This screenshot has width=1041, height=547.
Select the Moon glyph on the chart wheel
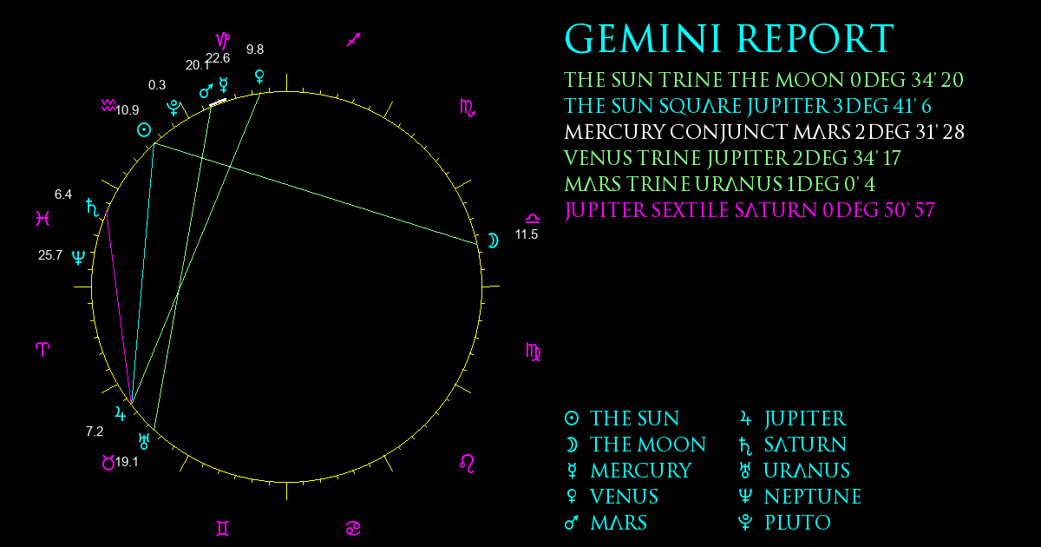point(493,241)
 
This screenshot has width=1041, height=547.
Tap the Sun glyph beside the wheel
point(144,129)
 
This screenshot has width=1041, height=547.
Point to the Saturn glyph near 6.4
point(93,208)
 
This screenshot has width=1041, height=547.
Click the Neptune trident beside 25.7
point(79,257)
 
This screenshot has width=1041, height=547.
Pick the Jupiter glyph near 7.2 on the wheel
point(121,413)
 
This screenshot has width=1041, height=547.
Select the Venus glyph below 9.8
point(259,76)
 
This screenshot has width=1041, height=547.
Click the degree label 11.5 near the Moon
point(526,234)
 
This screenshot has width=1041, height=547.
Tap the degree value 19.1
point(127,462)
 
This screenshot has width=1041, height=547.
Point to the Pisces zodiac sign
point(43,218)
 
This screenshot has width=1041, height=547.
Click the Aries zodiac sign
point(43,349)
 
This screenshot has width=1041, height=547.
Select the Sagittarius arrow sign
point(354,40)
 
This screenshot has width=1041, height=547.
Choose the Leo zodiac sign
point(467,464)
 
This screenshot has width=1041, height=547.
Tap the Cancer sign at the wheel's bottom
point(353,529)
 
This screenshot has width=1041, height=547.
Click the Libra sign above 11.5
point(533,218)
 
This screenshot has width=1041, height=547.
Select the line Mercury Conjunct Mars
point(764,132)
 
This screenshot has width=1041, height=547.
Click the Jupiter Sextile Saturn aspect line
point(119,308)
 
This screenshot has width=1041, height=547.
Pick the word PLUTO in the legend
point(797,523)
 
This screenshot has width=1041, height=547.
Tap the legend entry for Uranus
point(795,471)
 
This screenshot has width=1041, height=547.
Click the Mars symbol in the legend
point(572,523)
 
